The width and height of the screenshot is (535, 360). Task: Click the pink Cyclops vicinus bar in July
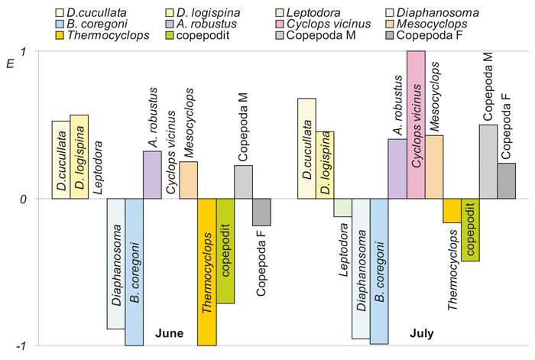point(416,125)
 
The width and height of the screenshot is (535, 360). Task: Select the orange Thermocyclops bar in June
point(207,272)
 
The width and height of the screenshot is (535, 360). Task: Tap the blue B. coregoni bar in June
point(134,272)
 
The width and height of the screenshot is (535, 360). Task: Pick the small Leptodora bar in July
point(342,207)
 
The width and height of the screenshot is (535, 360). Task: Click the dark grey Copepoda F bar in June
point(261,212)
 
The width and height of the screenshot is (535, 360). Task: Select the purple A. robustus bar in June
point(152,175)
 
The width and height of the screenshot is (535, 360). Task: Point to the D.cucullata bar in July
point(306,148)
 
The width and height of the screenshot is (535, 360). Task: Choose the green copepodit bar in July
point(470,229)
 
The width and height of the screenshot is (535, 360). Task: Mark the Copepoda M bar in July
point(488,161)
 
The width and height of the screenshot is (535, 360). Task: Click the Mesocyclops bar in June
point(188,180)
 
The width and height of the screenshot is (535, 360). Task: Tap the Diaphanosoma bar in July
point(361,268)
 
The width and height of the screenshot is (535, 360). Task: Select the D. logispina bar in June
point(79,157)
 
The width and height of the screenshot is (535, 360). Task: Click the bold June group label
point(169,333)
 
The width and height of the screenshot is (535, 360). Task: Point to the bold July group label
point(422,333)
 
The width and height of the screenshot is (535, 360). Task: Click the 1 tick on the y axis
point(23,52)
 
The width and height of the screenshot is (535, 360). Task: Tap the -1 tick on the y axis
point(21,346)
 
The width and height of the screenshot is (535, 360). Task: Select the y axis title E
point(11,63)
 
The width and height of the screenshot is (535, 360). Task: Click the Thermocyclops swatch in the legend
point(60,35)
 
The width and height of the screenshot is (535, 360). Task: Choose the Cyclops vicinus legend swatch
point(280,24)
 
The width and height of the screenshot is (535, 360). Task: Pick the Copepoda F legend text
point(430,35)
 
